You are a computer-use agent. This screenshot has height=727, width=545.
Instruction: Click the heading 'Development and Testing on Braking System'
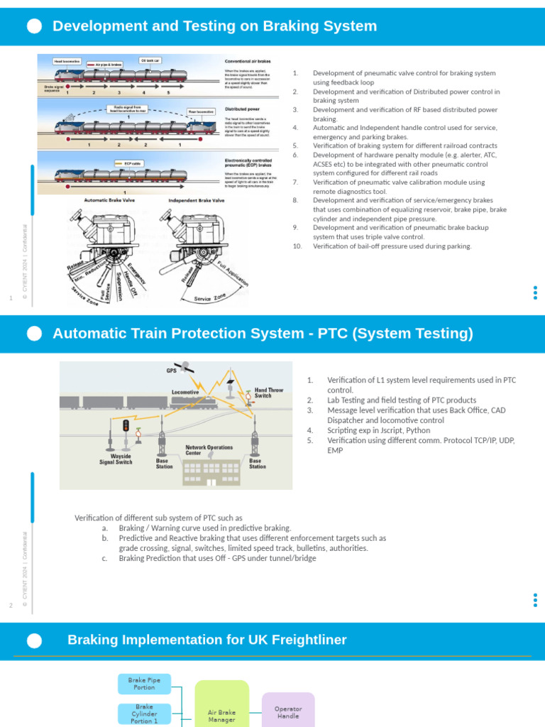214,26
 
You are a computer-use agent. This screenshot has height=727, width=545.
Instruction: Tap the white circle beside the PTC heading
34,334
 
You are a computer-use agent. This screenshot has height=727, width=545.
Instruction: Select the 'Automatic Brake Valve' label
109,200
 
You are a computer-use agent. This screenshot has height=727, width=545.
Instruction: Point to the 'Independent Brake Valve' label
196,200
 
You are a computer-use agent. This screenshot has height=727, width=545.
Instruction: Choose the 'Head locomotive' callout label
67,62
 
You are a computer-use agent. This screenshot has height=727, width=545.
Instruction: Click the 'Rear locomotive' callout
201,111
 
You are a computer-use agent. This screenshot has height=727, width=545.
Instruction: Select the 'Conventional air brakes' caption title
248,62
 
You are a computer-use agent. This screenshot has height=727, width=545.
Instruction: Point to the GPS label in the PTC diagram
171,371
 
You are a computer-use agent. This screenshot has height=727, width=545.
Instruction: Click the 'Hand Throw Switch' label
268,393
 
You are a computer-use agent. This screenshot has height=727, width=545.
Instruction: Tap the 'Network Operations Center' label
209,450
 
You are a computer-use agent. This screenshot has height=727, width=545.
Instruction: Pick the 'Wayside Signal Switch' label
116,459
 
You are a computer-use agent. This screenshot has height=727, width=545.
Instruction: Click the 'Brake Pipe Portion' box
144,684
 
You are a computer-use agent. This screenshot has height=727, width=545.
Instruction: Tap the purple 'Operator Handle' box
288,712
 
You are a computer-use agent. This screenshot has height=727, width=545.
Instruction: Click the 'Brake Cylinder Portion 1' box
144,714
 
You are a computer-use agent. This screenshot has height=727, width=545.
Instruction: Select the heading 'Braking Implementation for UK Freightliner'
207,640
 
